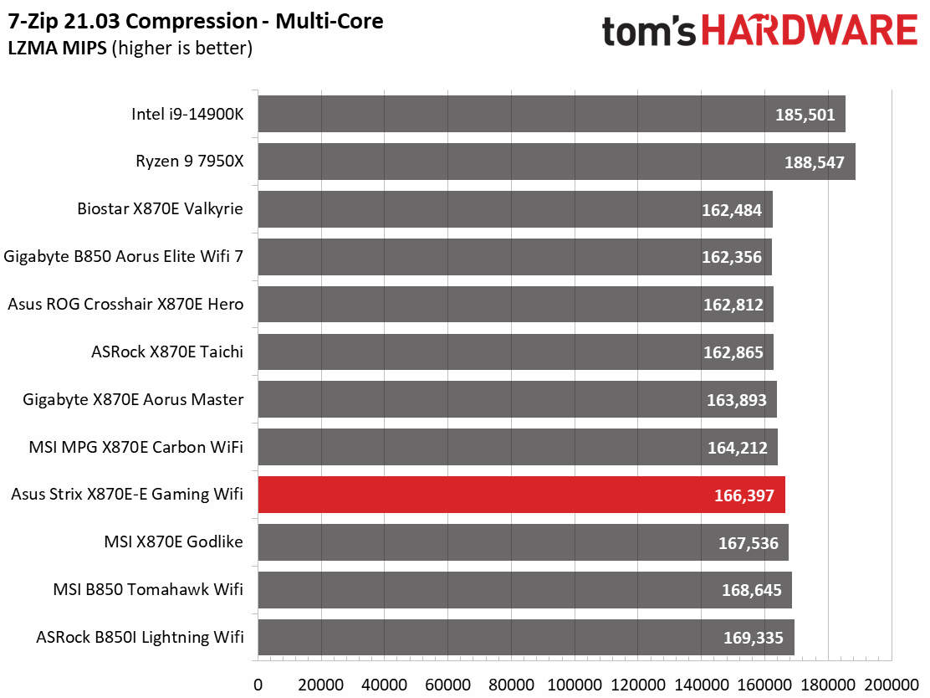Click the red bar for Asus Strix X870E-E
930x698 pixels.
click(x=521, y=495)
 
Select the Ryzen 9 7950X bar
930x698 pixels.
click(x=556, y=162)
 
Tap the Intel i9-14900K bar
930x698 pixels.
click(x=552, y=114)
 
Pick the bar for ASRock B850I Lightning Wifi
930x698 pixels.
click(x=526, y=638)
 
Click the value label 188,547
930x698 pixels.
click(x=815, y=162)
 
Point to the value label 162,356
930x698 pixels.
click(x=731, y=257)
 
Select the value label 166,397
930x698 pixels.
click(x=743, y=495)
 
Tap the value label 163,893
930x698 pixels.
click(x=737, y=400)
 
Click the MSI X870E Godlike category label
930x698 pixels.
click(x=173, y=541)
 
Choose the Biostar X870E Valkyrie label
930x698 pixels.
click(x=160, y=208)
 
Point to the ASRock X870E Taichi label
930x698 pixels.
click(x=167, y=352)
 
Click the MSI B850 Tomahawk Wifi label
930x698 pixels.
click(x=148, y=589)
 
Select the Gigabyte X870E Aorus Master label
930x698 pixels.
click(x=133, y=399)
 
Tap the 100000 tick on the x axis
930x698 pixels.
click(x=575, y=685)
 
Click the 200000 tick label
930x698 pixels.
click(x=892, y=685)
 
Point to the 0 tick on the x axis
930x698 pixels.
click(x=258, y=685)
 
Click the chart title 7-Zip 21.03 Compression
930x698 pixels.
click(x=133, y=22)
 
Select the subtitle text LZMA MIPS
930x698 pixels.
click(x=58, y=48)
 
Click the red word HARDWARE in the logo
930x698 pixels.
click(x=810, y=30)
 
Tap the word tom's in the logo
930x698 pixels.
click(x=649, y=32)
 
